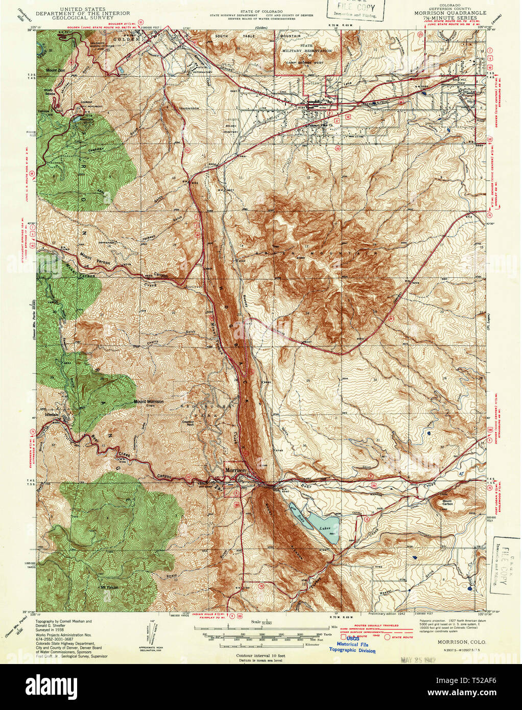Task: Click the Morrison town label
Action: coord(235,470)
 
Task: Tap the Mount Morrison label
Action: coord(149,401)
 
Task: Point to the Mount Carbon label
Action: coord(447,502)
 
